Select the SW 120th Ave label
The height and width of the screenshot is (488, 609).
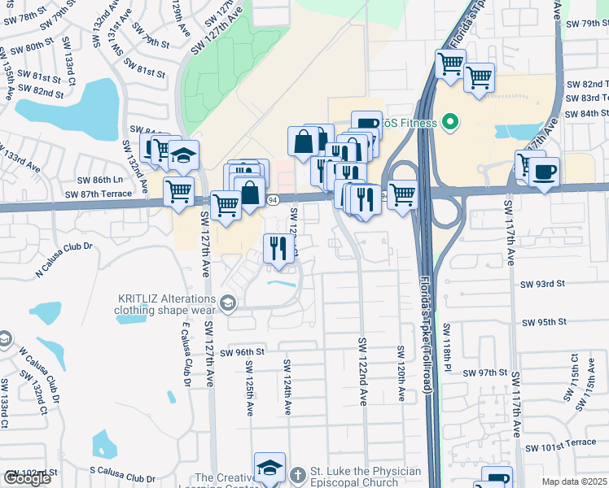(x=401, y=373)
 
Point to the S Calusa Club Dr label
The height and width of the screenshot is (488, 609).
(x=122, y=479)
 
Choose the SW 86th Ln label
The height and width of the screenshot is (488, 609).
(x=99, y=179)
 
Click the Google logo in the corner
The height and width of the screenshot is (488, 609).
(x=27, y=478)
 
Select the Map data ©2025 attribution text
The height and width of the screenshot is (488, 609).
(x=574, y=481)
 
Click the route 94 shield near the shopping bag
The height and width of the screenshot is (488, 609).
(x=273, y=199)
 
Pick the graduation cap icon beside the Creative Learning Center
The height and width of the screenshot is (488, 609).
(x=269, y=467)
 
